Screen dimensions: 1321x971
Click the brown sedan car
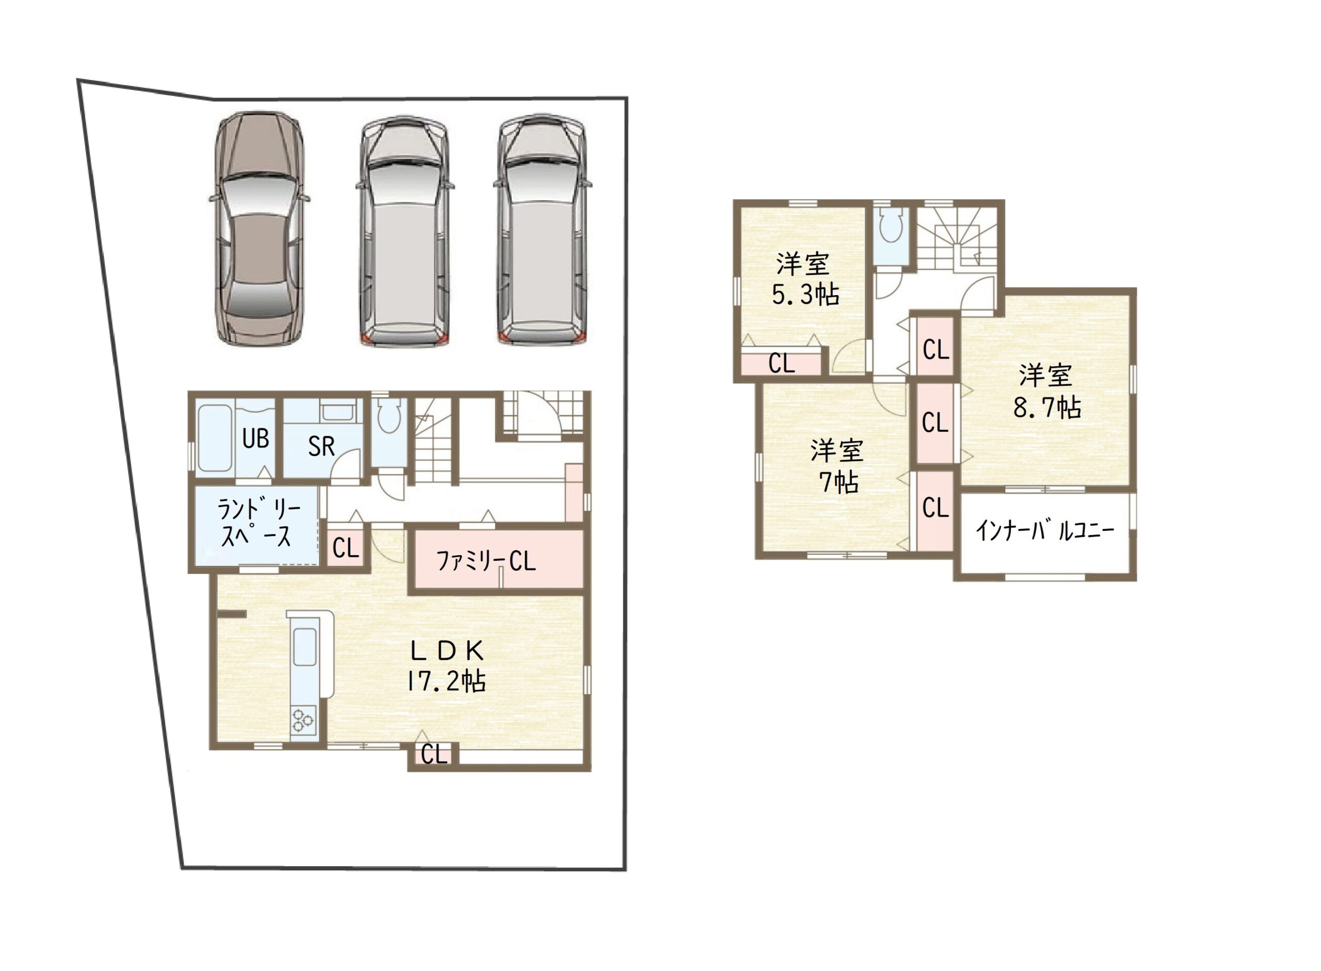point(259,229)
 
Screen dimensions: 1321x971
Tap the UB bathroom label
point(256,439)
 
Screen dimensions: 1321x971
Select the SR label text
point(321,447)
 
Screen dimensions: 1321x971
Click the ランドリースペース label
point(258,523)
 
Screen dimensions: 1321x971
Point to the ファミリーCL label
point(486,561)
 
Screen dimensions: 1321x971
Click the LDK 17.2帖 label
point(446,667)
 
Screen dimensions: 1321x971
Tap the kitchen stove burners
point(303,720)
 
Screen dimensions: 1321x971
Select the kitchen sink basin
point(304,647)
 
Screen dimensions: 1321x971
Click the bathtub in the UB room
point(214,438)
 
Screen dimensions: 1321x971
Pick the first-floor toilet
point(389,415)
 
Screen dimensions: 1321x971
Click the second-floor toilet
point(891,224)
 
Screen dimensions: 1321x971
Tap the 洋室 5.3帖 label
point(805,279)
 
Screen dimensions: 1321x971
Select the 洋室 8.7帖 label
point(1046,392)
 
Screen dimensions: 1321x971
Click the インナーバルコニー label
point(1045,531)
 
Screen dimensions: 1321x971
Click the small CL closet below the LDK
point(434,754)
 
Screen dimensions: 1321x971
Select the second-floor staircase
point(957,238)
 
